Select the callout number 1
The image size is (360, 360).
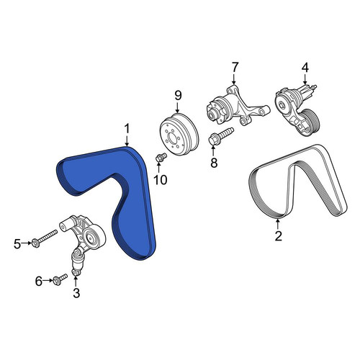(x=127, y=129)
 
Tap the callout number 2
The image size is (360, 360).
(x=278, y=236)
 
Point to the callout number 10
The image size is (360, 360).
(x=161, y=180)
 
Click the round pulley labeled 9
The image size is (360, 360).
(x=179, y=135)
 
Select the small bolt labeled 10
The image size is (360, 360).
(x=161, y=157)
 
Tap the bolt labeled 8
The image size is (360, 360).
(x=221, y=136)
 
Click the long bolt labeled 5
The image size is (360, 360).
(x=45, y=238)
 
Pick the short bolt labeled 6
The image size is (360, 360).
(x=60, y=279)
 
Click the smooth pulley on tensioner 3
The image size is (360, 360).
(x=94, y=238)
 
